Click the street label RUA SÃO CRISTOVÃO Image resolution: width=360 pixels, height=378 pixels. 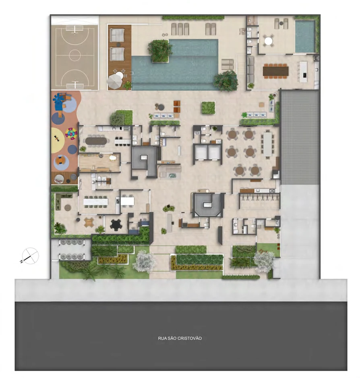pos(180,339)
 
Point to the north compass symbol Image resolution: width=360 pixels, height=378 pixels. pos(30,255)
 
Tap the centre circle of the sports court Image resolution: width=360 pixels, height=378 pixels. pos(74,55)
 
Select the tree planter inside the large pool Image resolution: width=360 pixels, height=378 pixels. pos(160,50)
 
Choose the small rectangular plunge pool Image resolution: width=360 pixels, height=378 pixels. pos(305,36)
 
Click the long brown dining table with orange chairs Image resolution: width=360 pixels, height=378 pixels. pos(275,71)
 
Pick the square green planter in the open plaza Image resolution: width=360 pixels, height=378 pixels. pos(208,108)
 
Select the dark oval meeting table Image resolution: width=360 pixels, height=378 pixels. pos(96,141)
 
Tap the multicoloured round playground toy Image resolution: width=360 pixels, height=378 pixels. pos(71,133)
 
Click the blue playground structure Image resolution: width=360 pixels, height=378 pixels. pos(61,99)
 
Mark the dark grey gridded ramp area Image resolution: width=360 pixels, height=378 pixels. pos(300,137)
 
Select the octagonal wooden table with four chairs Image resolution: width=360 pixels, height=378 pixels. pos(89,222)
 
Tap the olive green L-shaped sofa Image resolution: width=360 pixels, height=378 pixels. pos(61,200)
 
